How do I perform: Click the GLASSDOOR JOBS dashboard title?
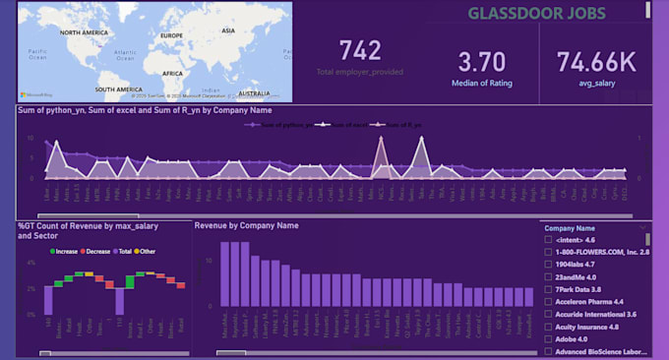coord(536,14)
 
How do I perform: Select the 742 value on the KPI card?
coord(360,51)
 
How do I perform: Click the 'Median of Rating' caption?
coord(483,84)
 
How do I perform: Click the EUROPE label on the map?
coord(172,36)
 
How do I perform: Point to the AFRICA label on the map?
coord(172,73)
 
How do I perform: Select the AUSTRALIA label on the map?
coord(254,93)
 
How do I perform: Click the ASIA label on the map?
coord(226,30)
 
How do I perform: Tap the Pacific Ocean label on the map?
coord(39,54)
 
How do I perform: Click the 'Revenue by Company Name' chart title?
coord(246,226)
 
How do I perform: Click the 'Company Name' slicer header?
coord(572,228)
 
